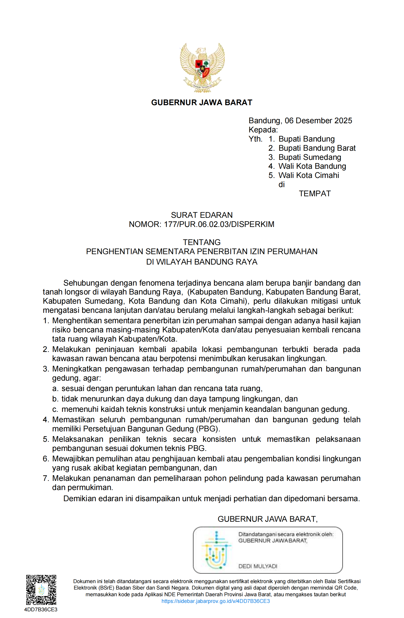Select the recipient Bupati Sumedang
(x=309, y=157)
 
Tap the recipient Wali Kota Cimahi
(x=309, y=175)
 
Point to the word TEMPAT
(x=315, y=194)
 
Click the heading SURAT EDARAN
(x=202, y=215)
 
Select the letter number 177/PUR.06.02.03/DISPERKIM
(x=219, y=224)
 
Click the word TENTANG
(x=202, y=243)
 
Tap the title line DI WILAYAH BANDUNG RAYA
(x=202, y=262)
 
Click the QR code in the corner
(x=41, y=590)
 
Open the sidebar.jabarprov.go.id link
(x=215, y=601)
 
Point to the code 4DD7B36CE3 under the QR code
(x=41, y=610)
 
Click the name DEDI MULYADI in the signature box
(x=258, y=566)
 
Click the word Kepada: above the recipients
(x=263, y=130)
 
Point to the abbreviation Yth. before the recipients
(x=255, y=139)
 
